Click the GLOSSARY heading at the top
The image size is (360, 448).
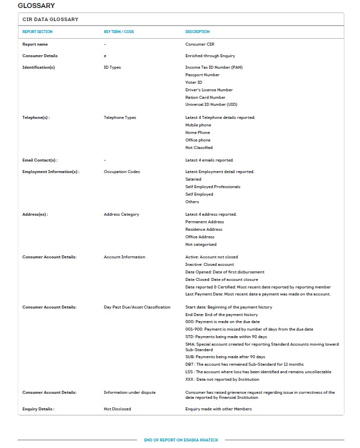coord(36,6)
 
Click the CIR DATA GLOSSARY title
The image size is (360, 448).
coord(50,19)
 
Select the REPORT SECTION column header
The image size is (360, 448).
coord(37,32)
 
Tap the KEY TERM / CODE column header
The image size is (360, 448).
coord(118,32)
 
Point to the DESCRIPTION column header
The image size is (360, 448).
coord(197,32)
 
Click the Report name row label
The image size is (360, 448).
coord(35,44)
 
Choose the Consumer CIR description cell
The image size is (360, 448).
coord(200,44)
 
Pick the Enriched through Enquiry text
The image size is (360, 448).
coord(210,56)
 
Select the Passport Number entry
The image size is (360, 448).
coord(202,75)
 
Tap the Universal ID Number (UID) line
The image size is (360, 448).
coord(211,104)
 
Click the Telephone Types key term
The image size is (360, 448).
coord(119,117)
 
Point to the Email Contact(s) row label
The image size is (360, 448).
coord(40,160)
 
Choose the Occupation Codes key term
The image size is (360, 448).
coord(122,172)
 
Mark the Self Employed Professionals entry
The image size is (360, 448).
coord(212,187)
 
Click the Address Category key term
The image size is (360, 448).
coord(121,214)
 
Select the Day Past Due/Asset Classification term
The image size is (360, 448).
coord(137,307)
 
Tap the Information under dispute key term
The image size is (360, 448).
coord(129,392)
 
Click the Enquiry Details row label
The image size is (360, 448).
coord(38,409)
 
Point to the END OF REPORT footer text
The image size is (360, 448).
coord(180,440)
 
